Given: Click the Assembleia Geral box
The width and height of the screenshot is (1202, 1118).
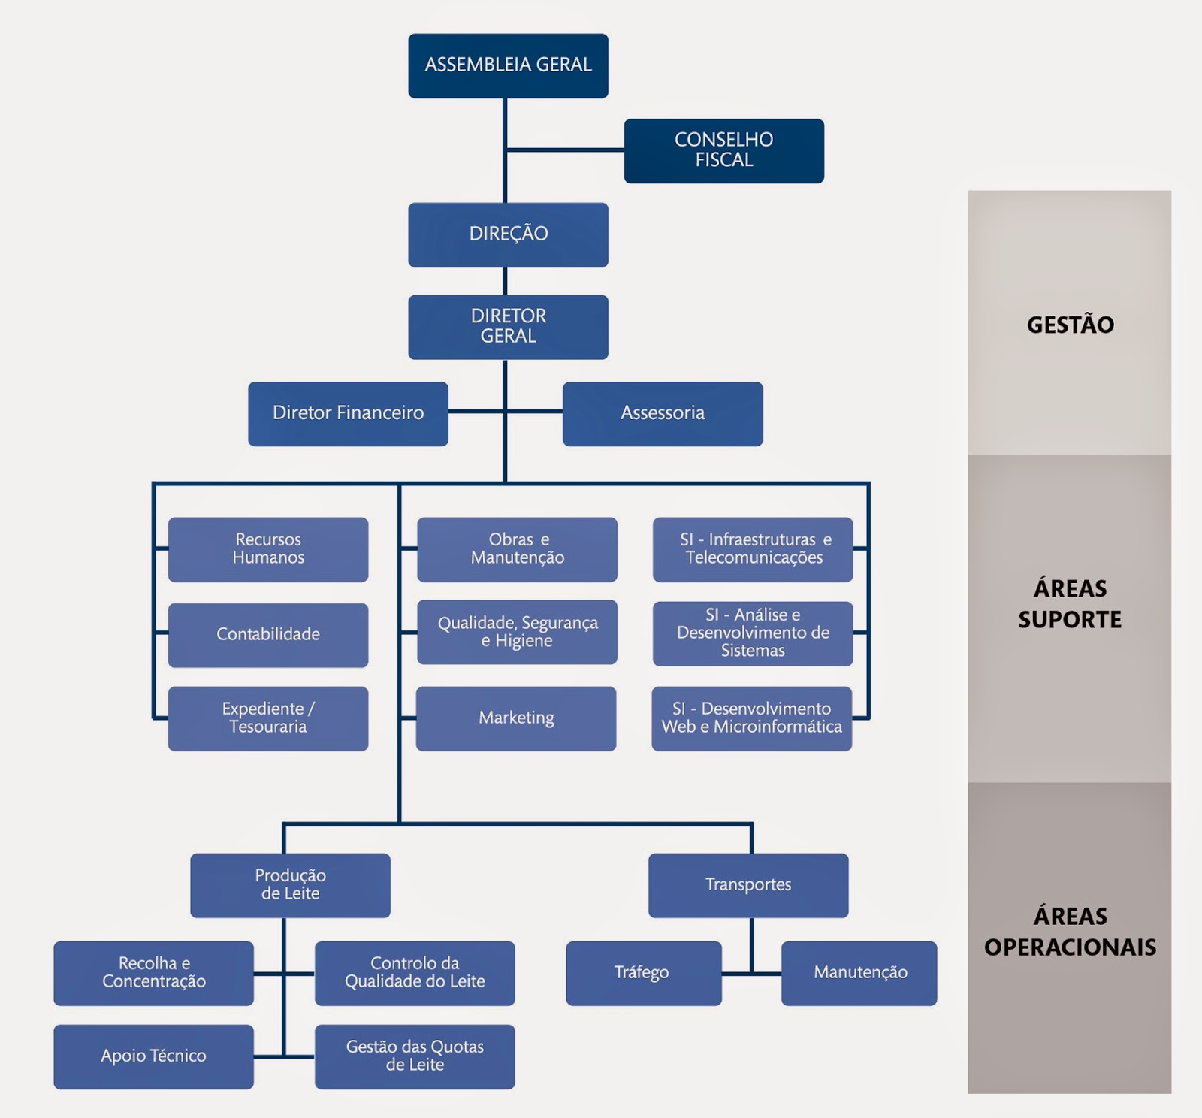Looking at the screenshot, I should click(508, 65).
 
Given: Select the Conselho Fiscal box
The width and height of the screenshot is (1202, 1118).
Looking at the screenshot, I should click(723, 150).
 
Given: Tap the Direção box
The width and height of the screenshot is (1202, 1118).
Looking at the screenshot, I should click(508, 234).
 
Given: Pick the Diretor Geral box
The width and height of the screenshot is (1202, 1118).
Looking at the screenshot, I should click(508, 327).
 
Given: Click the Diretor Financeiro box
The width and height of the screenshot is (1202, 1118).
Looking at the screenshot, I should click(348, 413).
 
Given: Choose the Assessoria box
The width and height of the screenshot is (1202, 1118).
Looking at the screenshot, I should click(663, 413).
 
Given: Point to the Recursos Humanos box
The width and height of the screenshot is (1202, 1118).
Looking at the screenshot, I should click(268, 549).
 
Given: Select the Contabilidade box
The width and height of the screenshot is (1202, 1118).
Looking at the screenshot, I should click(268, 635).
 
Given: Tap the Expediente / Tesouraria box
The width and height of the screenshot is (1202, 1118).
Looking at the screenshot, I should click(268, 718).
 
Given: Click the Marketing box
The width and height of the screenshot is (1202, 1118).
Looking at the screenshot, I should click(516, 718).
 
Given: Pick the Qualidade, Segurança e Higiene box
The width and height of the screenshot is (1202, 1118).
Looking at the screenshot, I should click(517, 632).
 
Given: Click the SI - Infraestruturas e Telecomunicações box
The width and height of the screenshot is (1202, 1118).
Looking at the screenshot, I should click(753, 549).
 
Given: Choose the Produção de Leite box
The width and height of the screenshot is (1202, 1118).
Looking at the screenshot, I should click(290, 885).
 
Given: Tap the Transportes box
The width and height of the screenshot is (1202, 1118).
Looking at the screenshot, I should click(748, 885).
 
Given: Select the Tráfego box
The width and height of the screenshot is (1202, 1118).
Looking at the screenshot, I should click(643, 973).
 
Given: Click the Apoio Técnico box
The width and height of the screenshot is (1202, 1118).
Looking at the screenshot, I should click(153, 1056).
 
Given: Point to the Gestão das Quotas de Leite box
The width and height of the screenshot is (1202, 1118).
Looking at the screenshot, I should click(415, 1056).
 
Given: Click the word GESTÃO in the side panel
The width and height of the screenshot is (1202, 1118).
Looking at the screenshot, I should click(1070, 325).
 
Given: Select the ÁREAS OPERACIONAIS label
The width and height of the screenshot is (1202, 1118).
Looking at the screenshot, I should click(1070, 932).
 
